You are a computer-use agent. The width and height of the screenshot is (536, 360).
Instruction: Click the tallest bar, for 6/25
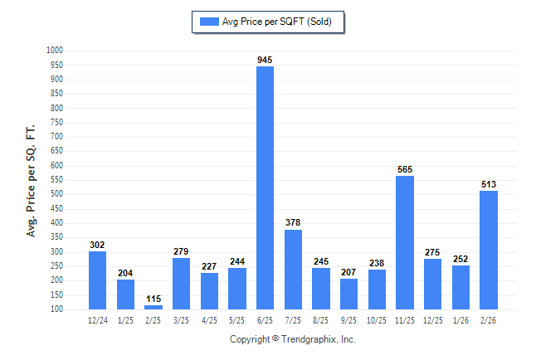tap(265, 187)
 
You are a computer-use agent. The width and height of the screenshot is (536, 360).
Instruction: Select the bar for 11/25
tap(405, 242)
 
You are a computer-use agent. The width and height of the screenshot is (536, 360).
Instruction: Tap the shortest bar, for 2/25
tap(153, 307)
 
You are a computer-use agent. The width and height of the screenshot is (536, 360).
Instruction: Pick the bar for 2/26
tap(489, 250)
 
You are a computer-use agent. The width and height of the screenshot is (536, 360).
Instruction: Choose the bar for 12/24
tap(97, 280)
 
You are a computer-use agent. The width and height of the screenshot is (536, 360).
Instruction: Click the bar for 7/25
tap(293, 269)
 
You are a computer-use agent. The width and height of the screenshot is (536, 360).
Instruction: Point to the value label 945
tap(265, 60)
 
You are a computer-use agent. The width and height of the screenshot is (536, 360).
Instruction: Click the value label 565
tap(405, 169)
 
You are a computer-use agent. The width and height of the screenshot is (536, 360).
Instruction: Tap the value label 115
tap(153, 299)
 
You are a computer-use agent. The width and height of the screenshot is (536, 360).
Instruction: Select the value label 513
tap(489, 184)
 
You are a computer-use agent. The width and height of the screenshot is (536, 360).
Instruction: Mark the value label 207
tap(348, 272)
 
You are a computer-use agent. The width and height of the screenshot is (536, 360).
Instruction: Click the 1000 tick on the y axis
tap(55, 51)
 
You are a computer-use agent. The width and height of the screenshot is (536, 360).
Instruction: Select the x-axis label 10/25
tap(377, 319)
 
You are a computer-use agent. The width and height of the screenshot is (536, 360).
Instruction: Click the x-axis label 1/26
tap(460, 319)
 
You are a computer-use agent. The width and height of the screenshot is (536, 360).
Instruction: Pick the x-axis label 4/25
tap(209, 319)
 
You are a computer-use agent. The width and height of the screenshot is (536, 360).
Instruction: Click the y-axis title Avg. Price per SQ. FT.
tap(32, 182)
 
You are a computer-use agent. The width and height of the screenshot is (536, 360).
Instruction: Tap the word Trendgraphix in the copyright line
tap(310, 339)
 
